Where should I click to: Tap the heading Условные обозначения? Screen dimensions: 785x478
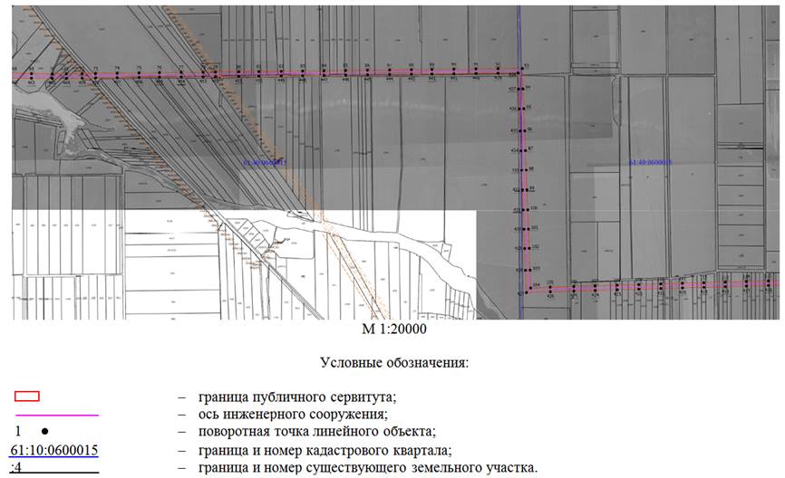(x=393, y=362)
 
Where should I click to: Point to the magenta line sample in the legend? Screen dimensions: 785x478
(x=55, y=414)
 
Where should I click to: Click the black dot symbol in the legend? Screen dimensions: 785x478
(x=43, y=431)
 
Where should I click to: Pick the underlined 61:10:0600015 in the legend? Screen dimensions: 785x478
(x=54, y=450)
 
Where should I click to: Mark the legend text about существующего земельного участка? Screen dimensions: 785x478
(x=363, y=467)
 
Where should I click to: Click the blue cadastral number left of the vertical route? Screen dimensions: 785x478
(x=266, y=163)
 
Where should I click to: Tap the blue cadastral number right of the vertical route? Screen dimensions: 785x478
(x=650, y=163)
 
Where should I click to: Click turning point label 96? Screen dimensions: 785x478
(x=530, y=129)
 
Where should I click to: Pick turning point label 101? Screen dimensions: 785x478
(x=535, y=228)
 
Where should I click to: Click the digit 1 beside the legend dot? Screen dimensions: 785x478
(x=16, y=431)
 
